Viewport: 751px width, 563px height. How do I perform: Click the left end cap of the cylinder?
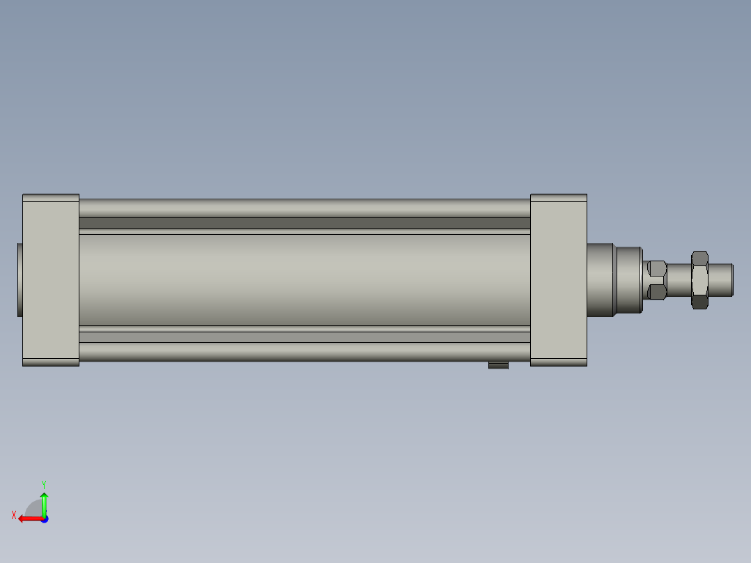51,279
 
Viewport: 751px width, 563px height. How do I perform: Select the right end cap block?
558,279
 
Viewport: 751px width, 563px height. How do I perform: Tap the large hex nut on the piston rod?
700,279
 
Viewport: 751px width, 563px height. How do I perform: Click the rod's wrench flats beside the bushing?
656,279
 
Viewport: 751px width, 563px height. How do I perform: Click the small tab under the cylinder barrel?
498,365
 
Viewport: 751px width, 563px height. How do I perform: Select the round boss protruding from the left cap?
20,279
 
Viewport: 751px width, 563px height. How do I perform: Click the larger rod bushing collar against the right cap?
600,279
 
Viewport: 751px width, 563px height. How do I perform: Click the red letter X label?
14,515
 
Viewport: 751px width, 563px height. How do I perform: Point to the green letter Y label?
44,483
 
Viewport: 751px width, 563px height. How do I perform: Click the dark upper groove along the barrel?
304,223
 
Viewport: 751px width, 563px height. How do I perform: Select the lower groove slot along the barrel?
304,337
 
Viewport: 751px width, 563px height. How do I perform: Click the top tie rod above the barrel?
304,208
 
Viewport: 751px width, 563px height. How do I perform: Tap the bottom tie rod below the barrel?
304,352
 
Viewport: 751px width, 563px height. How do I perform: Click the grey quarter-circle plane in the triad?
35,509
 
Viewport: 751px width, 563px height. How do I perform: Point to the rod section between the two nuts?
679,279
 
